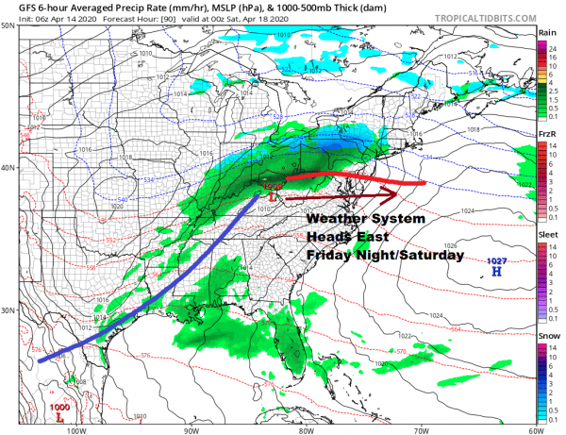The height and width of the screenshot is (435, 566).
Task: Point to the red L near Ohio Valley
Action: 273,198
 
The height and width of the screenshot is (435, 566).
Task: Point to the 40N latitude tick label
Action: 8,169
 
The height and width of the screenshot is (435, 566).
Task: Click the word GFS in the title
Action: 15,6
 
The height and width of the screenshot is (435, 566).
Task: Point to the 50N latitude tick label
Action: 8,25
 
